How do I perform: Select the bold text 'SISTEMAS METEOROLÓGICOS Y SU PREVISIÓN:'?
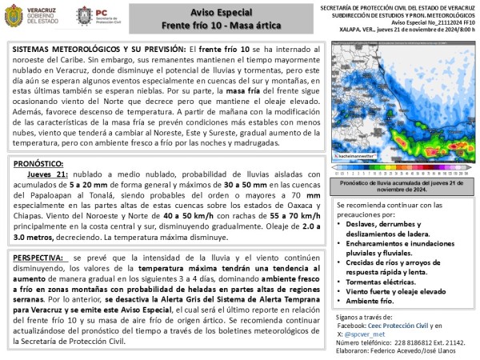98,50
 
